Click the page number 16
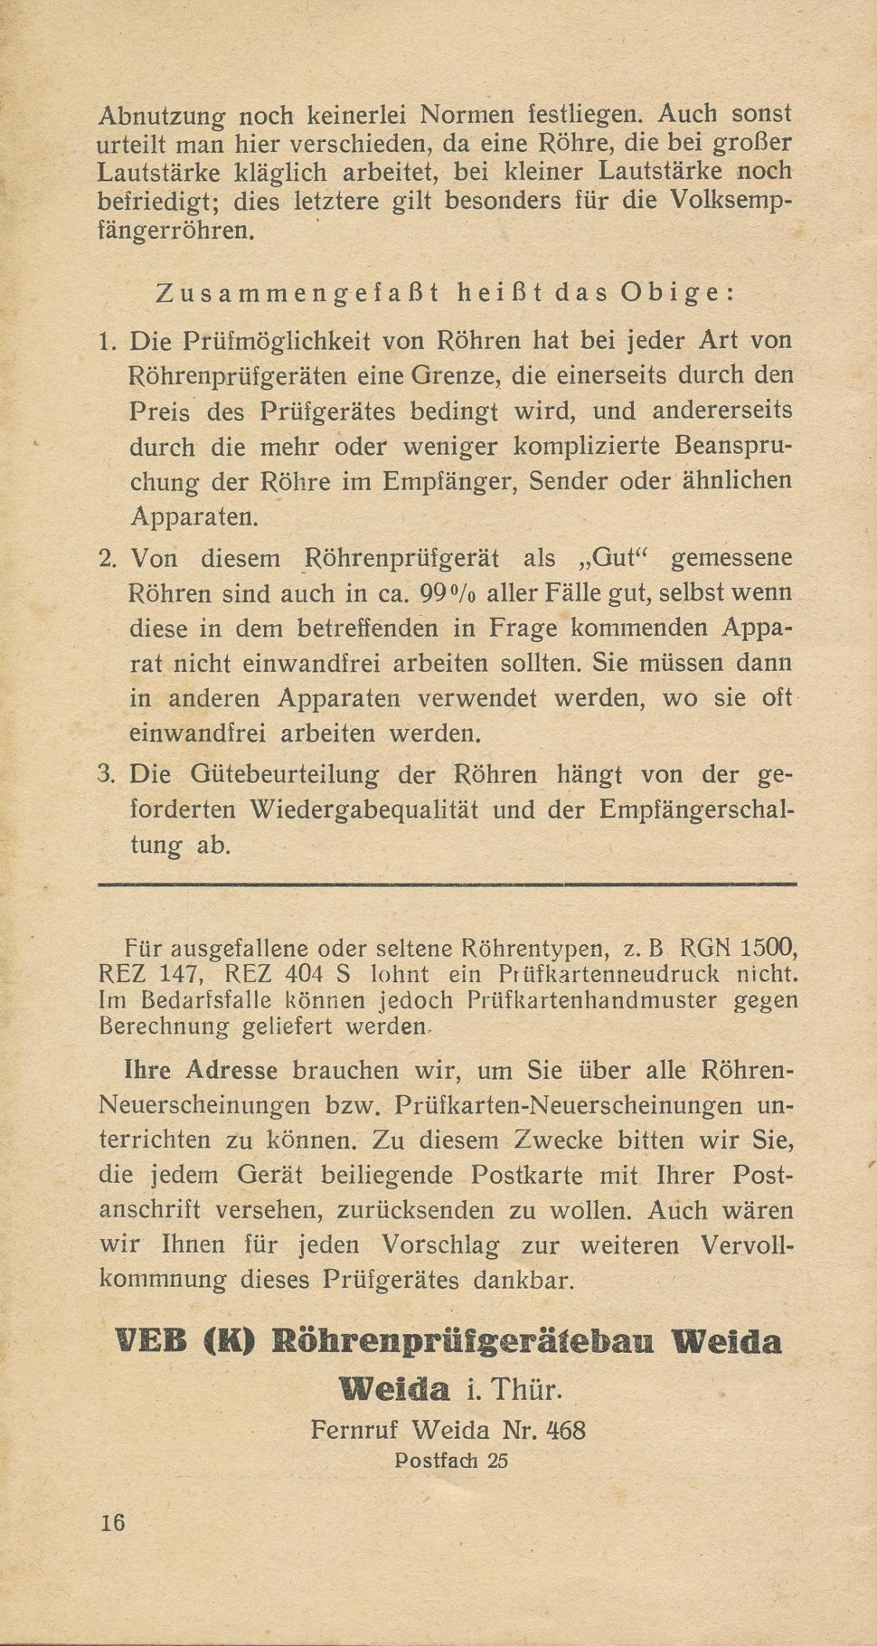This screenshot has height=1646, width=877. pyautogui.click(x=113, y=1523)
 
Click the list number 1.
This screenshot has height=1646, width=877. pyautogui.click(x=108, y=343)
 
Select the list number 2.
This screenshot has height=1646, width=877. pyautogui.click(x=108, y=559)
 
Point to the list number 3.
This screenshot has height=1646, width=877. pyautogui.click(x=108, y=775)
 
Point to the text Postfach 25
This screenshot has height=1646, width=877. pyautogui.click(x=452, y=1460)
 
